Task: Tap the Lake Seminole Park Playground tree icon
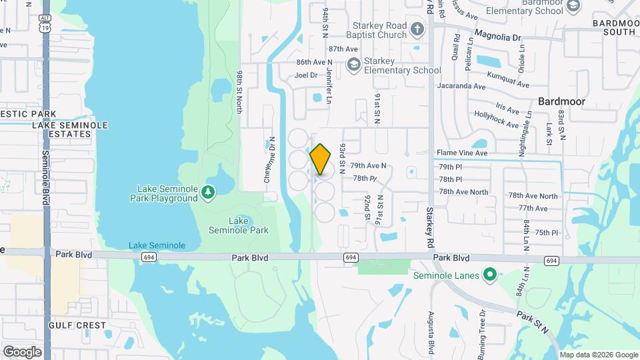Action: pyautogui.click(x=209, y=193)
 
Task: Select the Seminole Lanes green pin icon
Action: pyautogui.click(x=490, y=275)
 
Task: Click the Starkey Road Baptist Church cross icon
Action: pyautogui.click(x=417, y=29)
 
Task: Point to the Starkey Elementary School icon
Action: pyautogui.click(x=353, y=65)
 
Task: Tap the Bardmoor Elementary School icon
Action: pyautogui.click(x=573, y=6)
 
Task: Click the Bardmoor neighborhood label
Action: pyautogui.click(x=561, y=102)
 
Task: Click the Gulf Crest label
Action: pyautogui.click(x=77, y=325)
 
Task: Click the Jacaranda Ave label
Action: pyautogui.click(x=461, y=86)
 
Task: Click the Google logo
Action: pyautogui.click(x=22, y=351)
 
